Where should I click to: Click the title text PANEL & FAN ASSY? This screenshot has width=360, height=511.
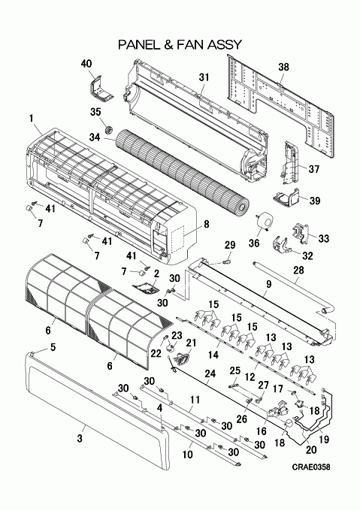180,44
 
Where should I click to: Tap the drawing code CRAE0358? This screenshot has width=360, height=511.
311,467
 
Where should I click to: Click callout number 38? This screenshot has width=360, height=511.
283,67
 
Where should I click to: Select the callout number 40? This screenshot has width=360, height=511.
86,64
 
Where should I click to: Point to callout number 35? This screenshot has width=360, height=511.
95,112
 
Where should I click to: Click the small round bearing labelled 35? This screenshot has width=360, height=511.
109,129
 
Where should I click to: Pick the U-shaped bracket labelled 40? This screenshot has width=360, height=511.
99,89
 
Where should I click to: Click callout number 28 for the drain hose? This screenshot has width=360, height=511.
299,271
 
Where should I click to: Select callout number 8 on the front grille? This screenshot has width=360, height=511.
206,224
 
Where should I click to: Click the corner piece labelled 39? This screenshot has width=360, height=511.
286,197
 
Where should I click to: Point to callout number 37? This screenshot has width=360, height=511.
313,169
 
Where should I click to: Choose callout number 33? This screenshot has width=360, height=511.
323,238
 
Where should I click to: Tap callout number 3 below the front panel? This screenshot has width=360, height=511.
80,439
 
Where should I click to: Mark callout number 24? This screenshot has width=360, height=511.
210,373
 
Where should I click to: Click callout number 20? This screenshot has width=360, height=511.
311,449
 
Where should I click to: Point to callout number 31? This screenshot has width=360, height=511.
204,77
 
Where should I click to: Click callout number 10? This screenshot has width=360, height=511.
188,454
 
